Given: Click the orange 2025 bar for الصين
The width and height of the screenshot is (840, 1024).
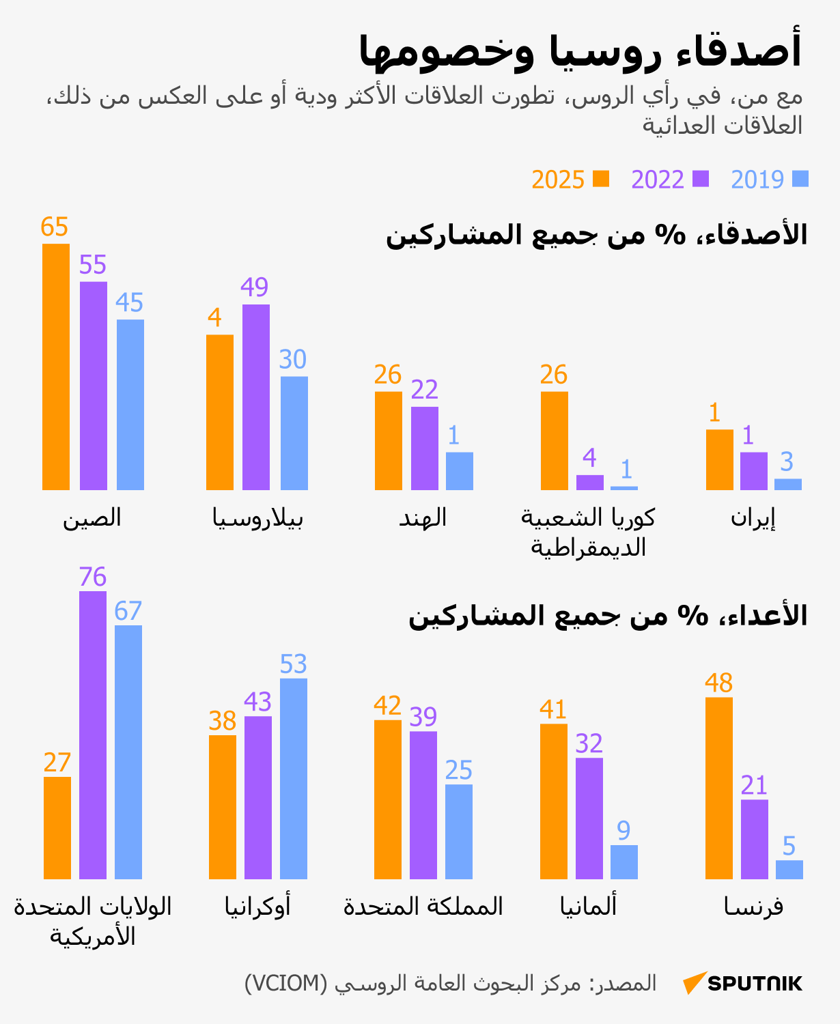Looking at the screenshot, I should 56,367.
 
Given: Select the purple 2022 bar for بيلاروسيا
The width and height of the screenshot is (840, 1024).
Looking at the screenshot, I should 256,397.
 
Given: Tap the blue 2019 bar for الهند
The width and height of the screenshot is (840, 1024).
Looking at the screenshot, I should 460,470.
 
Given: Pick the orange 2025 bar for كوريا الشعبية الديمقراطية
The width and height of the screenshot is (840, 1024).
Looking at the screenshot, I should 554,440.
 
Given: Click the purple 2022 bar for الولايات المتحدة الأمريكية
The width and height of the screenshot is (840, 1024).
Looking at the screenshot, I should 93,735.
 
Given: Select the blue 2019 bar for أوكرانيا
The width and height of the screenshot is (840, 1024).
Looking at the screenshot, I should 294,778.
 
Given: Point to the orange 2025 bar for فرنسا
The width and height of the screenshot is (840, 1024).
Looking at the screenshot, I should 718,788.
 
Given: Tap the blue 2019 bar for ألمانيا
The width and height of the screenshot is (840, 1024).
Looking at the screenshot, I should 624,862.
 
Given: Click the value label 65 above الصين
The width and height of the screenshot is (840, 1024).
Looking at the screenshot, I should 55,227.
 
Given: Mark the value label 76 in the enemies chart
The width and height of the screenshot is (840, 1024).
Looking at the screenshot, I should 93,578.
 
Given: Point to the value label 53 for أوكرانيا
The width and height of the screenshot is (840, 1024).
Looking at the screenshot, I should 294,664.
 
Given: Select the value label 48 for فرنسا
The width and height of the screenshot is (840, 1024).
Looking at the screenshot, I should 718,683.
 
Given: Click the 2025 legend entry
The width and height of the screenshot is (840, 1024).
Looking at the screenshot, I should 570,180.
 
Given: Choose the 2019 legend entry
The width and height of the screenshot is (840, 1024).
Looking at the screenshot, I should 769,180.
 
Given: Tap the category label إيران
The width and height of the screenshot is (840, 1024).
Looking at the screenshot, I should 753,518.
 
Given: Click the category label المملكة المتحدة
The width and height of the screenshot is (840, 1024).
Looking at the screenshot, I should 423,907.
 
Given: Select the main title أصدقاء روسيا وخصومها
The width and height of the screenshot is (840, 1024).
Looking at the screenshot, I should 580,52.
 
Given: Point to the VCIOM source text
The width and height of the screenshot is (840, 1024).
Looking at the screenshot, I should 451,983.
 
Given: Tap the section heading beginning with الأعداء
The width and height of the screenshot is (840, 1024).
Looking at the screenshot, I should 608,616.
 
